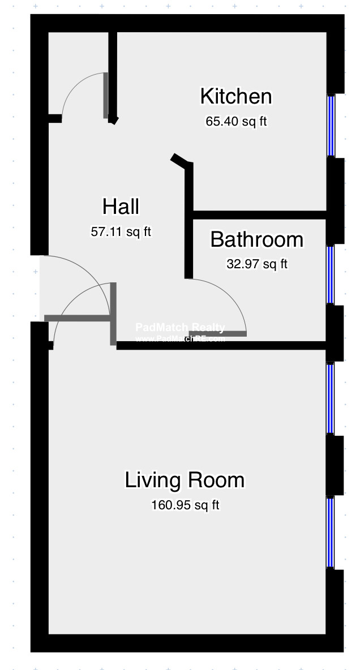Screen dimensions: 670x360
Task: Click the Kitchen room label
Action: tap(236, 97)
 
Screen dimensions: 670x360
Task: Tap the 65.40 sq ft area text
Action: tap(236, 122)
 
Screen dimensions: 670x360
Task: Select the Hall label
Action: tap(121, 207)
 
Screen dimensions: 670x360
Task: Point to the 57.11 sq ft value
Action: tap(121, 231)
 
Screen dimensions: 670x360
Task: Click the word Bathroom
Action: tap(256, 240)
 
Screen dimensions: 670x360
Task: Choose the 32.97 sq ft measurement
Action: tap(257, 264)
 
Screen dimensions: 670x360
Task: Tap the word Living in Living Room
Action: tap(151, 480)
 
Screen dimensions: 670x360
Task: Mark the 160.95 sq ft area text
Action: tap(185, 505)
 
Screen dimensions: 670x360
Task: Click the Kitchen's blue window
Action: tap(331, 125)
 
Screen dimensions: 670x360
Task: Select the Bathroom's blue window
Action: tap(331, 274)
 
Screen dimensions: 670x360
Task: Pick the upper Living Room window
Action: tap(331, 398)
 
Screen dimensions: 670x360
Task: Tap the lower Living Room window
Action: tap(331, 532)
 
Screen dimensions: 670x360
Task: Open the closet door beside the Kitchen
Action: tap(106, 95)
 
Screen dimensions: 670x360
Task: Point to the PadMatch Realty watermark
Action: tap(180, 327)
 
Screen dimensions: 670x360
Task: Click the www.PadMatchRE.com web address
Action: tap(180, 339)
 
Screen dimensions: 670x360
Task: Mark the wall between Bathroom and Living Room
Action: tap(221, 345)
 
